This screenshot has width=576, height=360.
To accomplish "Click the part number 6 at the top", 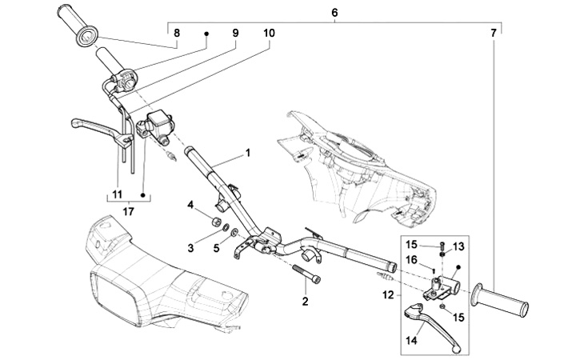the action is pyautogui.click(x=334, y=13).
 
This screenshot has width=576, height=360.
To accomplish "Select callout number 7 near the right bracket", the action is pyautogui.click(x=494, y=33).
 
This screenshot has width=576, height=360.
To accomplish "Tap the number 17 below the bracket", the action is pyautogui.click(x=129, y=212).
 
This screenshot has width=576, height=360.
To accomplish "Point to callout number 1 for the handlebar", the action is pyautogui.click(x=248, y=153).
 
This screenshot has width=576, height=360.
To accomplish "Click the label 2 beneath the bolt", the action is pyautogui.click(x=306, y=302).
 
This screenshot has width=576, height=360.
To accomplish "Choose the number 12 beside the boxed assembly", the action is pyautogui.click(x=388, y=295).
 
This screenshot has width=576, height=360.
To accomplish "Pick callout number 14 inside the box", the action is pyautogui.click(x=412, y=341).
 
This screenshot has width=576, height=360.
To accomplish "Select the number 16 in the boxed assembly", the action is pyautogui.click(x=412, y=260).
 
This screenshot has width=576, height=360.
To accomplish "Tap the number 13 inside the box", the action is pyautogui.click(x=459, y=247).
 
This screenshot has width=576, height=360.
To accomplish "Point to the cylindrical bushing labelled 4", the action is pyautogui.click(x=216, y=222).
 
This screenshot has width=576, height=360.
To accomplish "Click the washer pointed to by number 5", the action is pyautogui.click(x=234, y=233).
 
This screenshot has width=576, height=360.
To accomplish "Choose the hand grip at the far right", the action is pyautogui.click(x=501, y=301).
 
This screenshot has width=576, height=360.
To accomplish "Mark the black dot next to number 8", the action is pyautogui.click(x=206, y=34).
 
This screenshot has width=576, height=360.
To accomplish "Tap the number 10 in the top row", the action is pyautogui.click(x=269, y=33).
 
